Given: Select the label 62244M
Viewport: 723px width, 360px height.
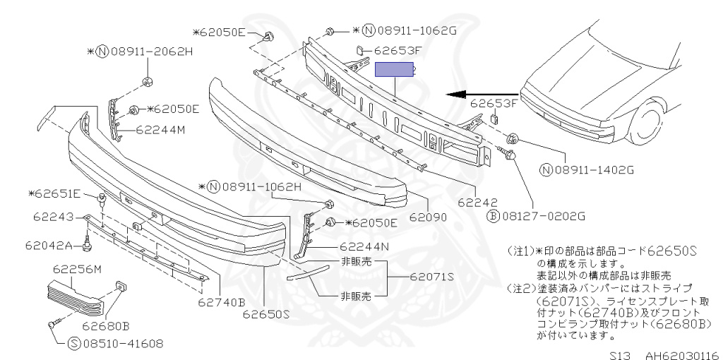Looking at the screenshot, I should [x=160, y=130].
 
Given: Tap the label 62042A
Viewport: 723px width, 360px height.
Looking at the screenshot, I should [x=49, y=246].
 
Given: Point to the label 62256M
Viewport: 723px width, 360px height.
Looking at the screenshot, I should [x=78, y=269].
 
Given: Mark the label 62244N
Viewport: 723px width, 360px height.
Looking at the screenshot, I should [x=364, y=247].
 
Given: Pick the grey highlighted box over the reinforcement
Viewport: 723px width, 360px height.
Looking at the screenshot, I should [x=394, y=70].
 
